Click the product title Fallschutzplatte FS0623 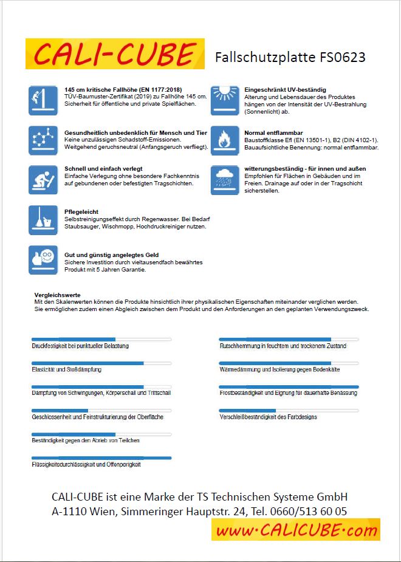point(290,58)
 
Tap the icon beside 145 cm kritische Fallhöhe point(43,100)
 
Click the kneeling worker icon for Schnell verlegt point(43,180)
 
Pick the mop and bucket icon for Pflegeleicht point(43,220)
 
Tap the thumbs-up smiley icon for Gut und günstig point(43,260)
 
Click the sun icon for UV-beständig point(225,100)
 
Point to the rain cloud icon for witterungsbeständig point(225,180)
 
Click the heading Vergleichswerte point(58,295)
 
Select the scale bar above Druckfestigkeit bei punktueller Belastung point(101,339)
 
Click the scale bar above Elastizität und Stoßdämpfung point(101,363)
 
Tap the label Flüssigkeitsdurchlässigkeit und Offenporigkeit point(86,464)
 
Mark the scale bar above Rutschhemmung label point(289,339)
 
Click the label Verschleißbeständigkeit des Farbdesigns point(268,417)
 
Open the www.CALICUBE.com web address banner point(295,530)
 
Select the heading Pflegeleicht point(81,212)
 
